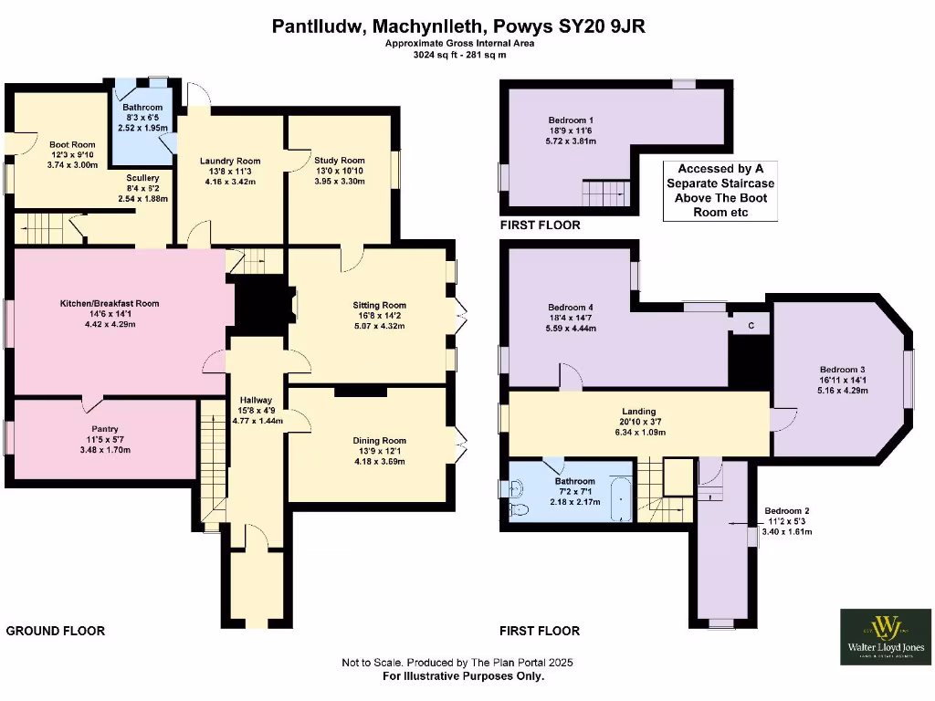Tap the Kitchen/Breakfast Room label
(110, 303)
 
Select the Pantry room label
(105, 429)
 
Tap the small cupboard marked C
(751, 326)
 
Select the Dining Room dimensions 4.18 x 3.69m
(379, 462)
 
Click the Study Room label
(340, 161)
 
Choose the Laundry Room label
(230, 161)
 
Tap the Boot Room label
(72, 144)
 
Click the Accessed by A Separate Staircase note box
(720, 190)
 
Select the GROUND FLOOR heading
(56, 631)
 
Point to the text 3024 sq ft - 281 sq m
(458, 55)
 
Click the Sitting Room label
(379, 305)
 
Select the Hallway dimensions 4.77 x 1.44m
(257, 422)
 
